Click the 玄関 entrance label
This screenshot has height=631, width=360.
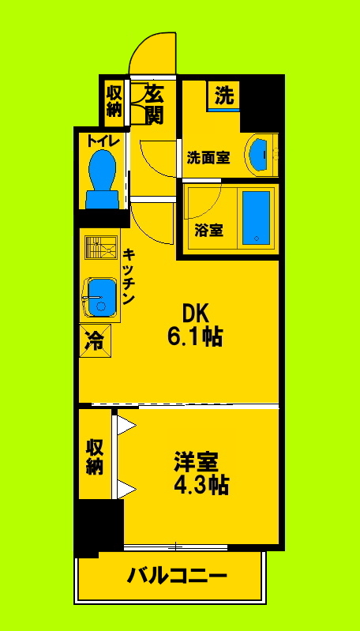click(x=154, y=104)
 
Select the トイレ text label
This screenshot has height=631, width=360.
click(x=103, y=141)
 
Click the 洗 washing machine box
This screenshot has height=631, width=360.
click(x=224, y=96)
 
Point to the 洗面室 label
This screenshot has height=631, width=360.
click(x=208, y=157)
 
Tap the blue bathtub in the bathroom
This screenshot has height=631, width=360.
click(x=256, y=216)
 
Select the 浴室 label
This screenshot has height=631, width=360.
click(x=208, y=231)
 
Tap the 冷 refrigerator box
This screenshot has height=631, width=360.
click(x=94, y=341)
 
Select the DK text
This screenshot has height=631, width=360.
click(x=194, y=313)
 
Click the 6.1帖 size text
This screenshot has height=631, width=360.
click(x=194, y=337)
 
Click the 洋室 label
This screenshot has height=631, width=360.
click(x=196, y=460)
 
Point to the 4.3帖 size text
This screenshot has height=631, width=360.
click(x=201, y=484)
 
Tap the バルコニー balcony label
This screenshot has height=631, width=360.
click(x=178, y=576)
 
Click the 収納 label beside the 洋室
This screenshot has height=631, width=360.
click(x=95, y=456)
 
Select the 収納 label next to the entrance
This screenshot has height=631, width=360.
click(x=114, y=100)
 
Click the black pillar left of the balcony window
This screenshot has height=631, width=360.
click(x=99, y=524)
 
